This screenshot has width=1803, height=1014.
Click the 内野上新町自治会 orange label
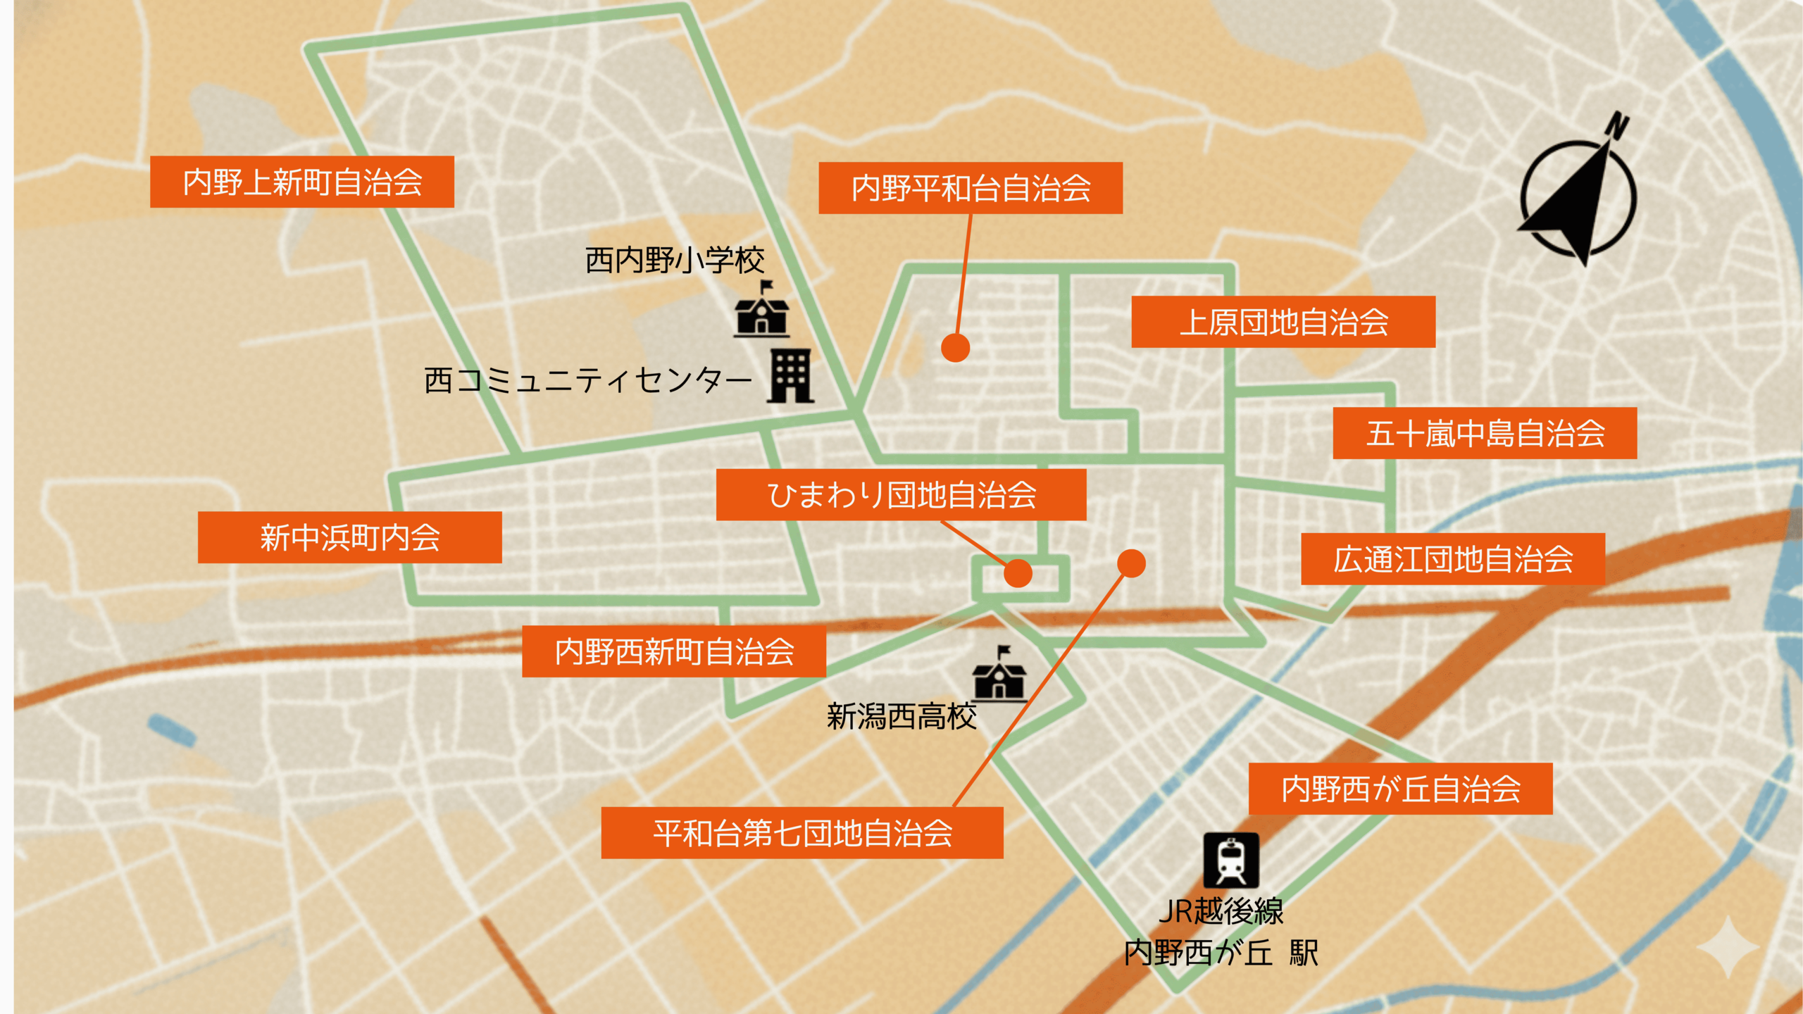pos(301,182)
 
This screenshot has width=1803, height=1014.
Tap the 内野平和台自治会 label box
pos(970,188)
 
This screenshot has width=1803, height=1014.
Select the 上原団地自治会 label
pos(1283,322)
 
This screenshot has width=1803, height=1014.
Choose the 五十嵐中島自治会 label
pos(1484,433)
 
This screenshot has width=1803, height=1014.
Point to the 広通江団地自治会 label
pos(1452,559)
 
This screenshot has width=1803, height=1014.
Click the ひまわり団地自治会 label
pos(900,495)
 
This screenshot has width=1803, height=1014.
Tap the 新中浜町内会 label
pos(349,537)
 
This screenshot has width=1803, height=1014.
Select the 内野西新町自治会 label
pos(673,651)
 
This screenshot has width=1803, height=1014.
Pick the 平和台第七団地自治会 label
pos(801,833)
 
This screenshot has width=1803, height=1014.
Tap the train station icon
pos(1230,860)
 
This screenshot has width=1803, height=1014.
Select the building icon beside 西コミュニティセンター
pos(790,377)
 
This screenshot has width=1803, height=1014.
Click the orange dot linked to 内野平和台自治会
pos(955,347)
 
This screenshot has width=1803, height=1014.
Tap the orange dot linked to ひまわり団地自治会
pos(1018,572)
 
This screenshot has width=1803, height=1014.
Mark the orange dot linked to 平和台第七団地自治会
pos(1131,563)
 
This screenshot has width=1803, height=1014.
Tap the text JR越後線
pos(1221,911)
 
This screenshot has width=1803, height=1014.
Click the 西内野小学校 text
pos(674,261)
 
